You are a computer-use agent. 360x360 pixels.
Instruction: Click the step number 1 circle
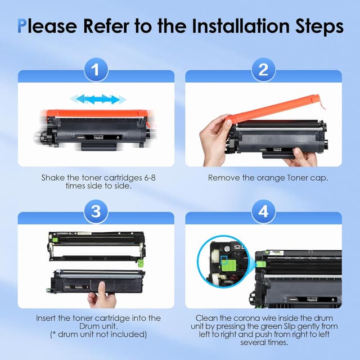(x=96, y=70)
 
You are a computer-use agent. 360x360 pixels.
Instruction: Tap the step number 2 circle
(x=263, y=70)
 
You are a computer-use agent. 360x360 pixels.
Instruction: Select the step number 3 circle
(x=96, y=212)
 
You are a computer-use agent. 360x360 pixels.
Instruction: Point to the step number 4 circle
(x=263, y=212)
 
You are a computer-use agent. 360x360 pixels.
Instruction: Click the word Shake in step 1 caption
(x=54, y=178)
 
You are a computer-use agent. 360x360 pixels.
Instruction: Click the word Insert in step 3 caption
(x=46, y=318)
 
